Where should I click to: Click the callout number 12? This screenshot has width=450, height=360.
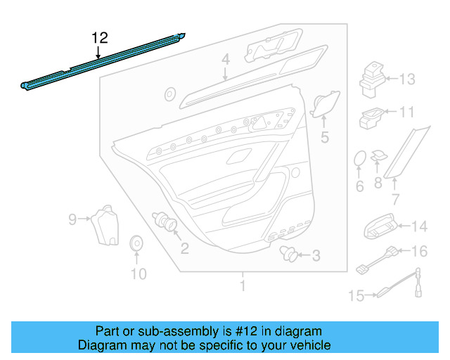coord(101,38)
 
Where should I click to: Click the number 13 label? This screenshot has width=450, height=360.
coord(407,79)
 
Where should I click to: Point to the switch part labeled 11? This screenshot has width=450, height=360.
coord(371,118)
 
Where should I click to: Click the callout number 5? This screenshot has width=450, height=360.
coord(324,137)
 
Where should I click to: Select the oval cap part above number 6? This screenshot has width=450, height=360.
coord(359,160)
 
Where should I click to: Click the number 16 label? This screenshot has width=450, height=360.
coord(418,251)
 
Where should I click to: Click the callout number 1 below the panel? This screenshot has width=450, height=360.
coord(243,286)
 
